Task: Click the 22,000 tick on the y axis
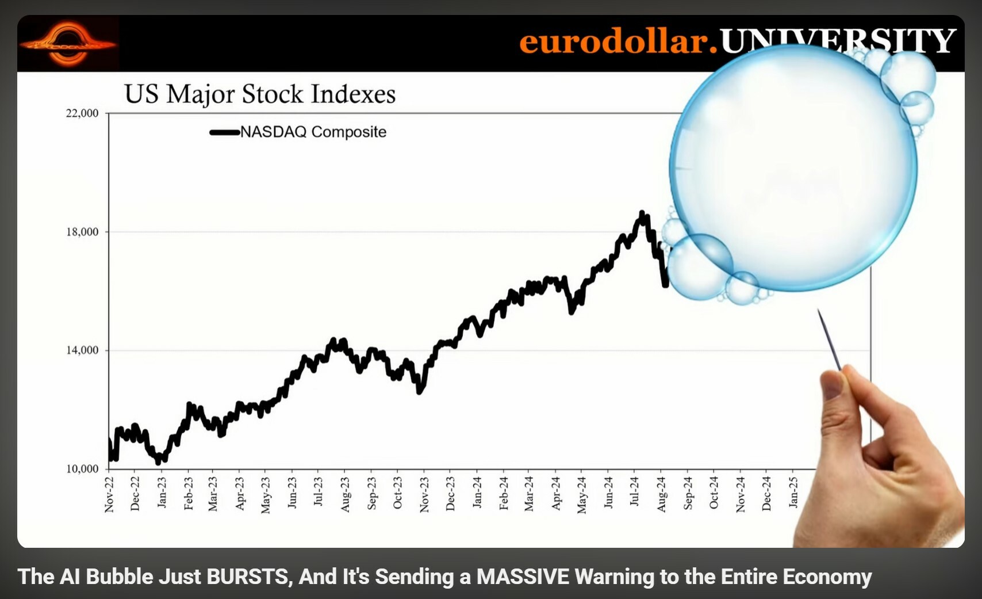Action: [x=82, y=113]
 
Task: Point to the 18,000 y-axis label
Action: [x=82, y=232]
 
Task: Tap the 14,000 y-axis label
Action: [x=82, y=350]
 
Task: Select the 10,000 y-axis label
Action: [x=82, y=469]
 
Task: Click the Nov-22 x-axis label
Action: [x=109, y=494]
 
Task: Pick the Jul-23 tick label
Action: [x=319, y=492]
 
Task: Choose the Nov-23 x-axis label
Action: [x=424, y=494]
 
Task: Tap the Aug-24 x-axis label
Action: [x=661, y=494]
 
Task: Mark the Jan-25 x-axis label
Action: [x=793, y=493]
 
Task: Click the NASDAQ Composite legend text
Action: [x=313, y=132]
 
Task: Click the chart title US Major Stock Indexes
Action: [x=260, y=94]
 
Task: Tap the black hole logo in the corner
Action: [x=68, y=44]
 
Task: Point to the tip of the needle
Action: [x=819, y=311]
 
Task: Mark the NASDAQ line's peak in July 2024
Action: [x=642, y=213]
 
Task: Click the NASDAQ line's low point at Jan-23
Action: [x=159, y=461]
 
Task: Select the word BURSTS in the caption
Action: [x=249, y=577]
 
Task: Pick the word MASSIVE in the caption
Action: [x=523, y=577]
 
